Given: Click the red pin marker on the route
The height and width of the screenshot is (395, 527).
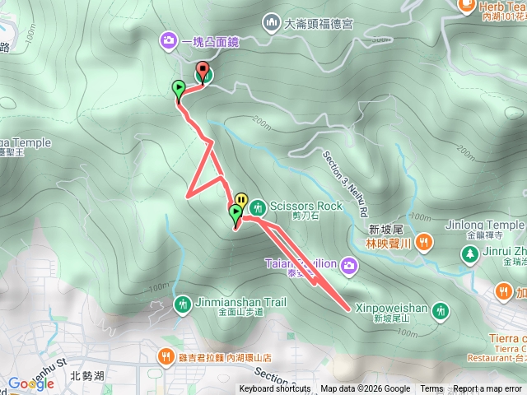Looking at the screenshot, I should tap(203, 72).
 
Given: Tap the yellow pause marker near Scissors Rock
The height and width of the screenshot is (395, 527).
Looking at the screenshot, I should tap(241, 199).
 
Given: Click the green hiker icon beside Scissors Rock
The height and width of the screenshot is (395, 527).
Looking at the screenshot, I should tap(258, 206).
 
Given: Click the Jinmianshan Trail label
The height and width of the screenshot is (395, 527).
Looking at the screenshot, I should tap(241, 303).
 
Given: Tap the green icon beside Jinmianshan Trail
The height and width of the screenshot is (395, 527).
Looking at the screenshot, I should tap(182, 304).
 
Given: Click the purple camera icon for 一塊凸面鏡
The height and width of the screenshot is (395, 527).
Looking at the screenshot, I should tap(168, 39).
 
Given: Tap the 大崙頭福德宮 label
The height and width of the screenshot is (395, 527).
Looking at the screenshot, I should tap(318, 24).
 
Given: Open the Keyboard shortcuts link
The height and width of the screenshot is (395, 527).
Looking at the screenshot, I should tap(275, 389).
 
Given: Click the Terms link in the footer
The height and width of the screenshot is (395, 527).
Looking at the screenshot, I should tap(431, 389).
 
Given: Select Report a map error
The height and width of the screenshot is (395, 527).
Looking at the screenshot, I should tap(488, 389).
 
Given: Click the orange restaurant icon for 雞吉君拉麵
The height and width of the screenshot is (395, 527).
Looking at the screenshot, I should tap(166, 355).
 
